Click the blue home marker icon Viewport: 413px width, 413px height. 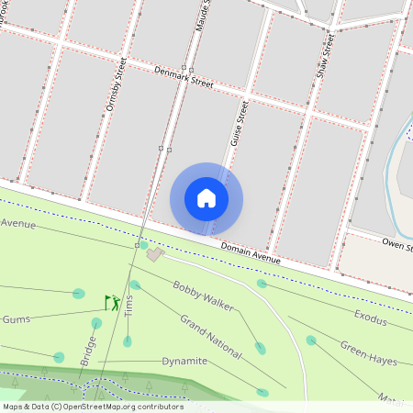pyautogui.click(x=206, y=198)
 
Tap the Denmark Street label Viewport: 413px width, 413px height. pyautogui.click(x=184, y=76)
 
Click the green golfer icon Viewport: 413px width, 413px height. pyautogui.click(x=112, y=301)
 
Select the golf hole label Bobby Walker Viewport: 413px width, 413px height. pyautogui.click(x=203, y=296)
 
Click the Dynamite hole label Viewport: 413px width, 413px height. pyautogui.click(x=184, y=361)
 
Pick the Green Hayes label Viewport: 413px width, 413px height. pyautogui.click(x=369, y=353)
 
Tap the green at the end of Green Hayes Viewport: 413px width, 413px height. pyautogui.click(x=311, y=340)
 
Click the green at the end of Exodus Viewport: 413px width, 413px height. pyautogui.click(x=262, y=284)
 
